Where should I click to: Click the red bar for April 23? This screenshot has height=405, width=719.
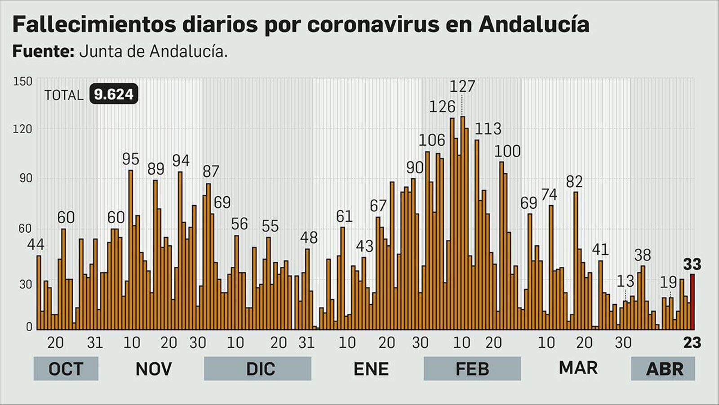click(x=692, y=301)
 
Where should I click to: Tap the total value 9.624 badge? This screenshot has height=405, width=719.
click(x=114, y=94)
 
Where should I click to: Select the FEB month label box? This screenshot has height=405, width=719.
click(x=472, y=369)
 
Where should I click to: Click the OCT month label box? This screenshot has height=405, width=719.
click(x=66, y=369)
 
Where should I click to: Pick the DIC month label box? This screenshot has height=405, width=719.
click(x=257, y=369)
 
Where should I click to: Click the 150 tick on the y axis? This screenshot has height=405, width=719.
click(x=23, y=81)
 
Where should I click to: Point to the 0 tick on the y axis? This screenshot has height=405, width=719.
click(x=29, y=327)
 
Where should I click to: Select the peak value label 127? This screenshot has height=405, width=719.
click(x=462, y=86)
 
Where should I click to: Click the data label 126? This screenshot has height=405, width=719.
click(x=442, y=107)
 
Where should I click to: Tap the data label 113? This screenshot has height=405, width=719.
click(x=488, y=129)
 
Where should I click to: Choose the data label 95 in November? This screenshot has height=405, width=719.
click(x=131, y=159)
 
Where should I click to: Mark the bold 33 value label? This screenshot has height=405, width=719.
click(x=692, y=264)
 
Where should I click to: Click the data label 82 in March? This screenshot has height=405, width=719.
click(x=574, y=181)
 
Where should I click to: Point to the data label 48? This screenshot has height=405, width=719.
click(x=309, y=237)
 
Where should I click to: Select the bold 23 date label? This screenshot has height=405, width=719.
click(x=692, y=343)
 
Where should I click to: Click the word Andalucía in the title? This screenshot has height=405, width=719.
click(x=533, y=24)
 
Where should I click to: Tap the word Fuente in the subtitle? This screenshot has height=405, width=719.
click(x=43, y=51)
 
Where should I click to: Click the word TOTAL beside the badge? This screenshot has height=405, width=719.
click(x=64, y=95)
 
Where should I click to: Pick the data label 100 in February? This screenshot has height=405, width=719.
click(x=507, y=151)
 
